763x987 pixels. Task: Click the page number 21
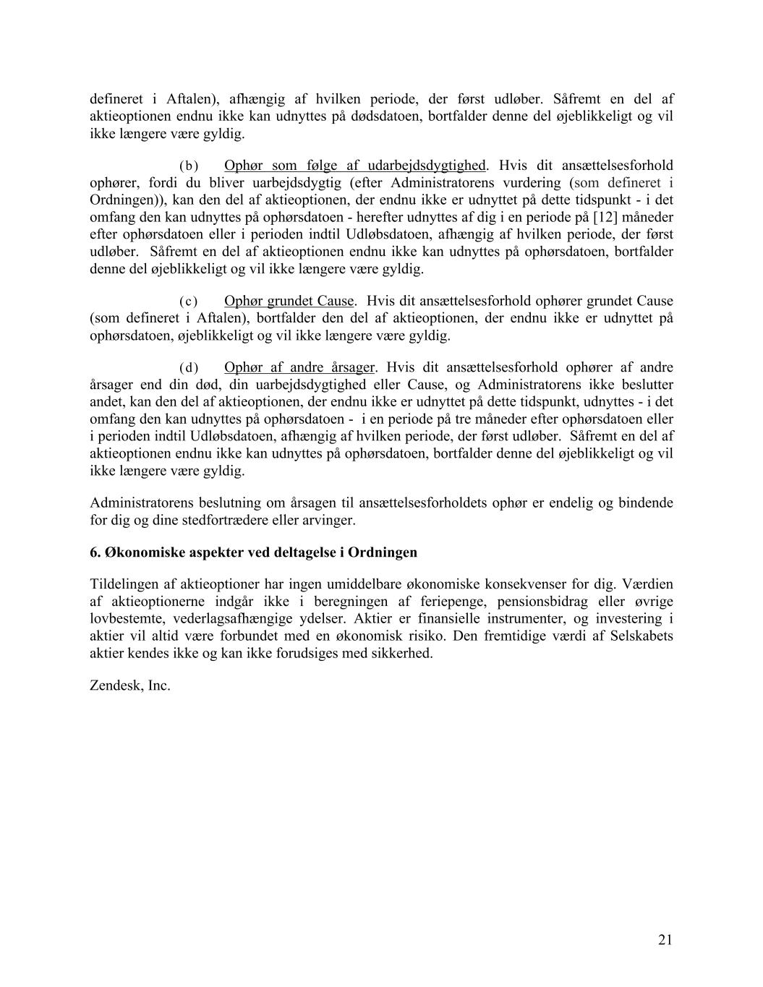[x=665, y=939]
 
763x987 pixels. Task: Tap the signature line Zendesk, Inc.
[x=130, y=685]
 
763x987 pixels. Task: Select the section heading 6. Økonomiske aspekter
[x=253, y=552]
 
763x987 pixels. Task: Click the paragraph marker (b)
[x=188, y=166]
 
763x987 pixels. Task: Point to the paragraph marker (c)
[x=188, y=302]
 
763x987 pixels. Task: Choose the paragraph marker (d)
[x=188, y=368]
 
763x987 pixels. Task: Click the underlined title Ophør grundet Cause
[x=289, y=302]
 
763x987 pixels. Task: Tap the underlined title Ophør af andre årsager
[x=299, y=368]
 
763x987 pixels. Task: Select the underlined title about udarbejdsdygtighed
[x=355, y=166]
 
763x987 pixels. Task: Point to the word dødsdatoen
[x=391, y=116]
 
